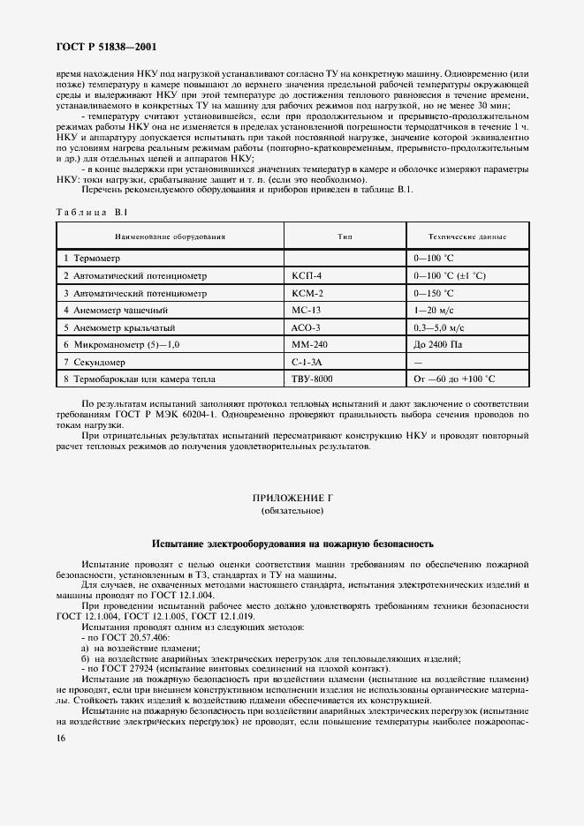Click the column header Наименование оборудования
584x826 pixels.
(x=169, y=237)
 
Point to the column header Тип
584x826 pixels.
(x=345, y=237)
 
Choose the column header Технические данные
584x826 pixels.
(x=466, y=237)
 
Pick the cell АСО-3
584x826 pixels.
(x=307, y=327)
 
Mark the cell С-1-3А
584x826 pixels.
(x=307, y=361)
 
